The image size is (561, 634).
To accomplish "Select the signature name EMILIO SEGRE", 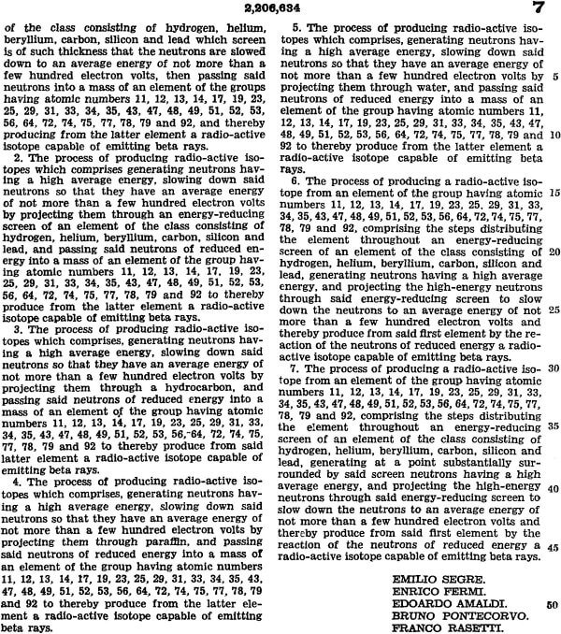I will pyautogui.click(x=427, y=580).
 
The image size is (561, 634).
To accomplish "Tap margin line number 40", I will pyautogui.click(x=554, y=489).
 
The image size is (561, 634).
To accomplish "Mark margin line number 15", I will pyautogui.click(x=554, y=192).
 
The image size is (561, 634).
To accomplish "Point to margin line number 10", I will pyautogui.click(x=554, y=134).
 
